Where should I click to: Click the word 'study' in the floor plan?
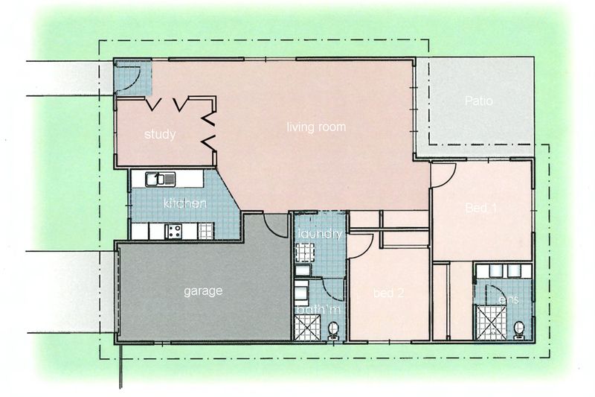pyautogui.click(x=159, y=135)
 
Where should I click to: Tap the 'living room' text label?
pyautogui.click(x=316, y=127)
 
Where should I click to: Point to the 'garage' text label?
pyautogui.click(x=203, y=291)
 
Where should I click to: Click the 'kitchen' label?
pyautogui.click(x=184, y=203)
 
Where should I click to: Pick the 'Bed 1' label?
pyautogui.click(x=480, y=209)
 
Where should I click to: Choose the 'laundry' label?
pyautogui.click(x=319, y=235)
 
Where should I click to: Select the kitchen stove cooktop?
pyautogui.click(x=176, y=232)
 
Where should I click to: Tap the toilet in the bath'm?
pyautogui.click(x=333, y=327)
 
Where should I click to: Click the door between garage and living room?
pyautogui.click(x=277, y=226)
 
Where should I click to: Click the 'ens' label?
pyautogui.click(x=508, y=300)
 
